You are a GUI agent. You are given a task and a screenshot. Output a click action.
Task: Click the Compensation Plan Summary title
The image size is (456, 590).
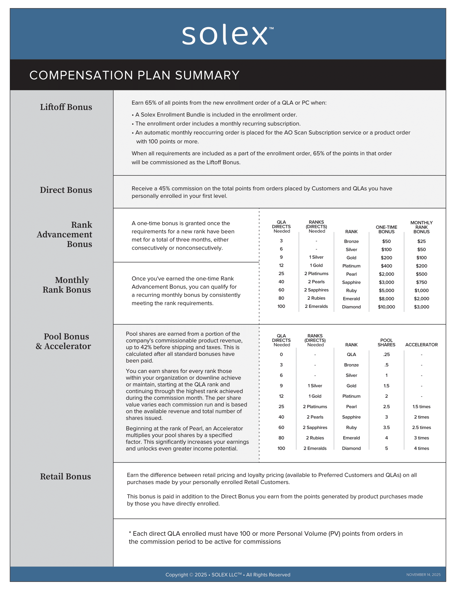pos(134,75)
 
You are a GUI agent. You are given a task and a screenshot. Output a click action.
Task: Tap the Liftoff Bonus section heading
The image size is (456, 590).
pos(66,107)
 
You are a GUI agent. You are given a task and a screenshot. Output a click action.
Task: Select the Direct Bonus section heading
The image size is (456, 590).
pos(66,190)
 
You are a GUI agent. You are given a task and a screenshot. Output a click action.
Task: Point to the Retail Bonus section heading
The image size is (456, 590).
pos(65,476)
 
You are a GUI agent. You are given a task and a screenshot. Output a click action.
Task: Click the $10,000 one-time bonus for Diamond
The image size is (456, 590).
pos(386,307)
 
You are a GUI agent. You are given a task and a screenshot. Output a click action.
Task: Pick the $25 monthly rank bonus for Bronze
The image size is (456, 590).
pos(421,241)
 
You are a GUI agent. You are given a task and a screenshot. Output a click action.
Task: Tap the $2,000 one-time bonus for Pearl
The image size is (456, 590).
pos(386,274)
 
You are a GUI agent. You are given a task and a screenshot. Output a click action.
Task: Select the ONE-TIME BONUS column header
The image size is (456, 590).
pos(386,229)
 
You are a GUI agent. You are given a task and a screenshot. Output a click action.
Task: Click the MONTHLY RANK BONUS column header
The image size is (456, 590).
pos(421,227)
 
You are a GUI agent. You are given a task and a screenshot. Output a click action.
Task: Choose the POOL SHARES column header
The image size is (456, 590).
pos(386,342)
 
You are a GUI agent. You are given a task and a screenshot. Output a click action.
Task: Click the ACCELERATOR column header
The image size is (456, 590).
pos(421,345)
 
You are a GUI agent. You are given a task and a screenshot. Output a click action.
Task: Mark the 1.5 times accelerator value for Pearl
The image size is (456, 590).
pos(421,407)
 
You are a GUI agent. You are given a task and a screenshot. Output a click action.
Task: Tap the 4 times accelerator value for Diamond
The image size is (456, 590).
pos(421,448)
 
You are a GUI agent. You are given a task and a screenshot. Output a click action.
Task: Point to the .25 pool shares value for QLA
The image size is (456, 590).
pos(386,355)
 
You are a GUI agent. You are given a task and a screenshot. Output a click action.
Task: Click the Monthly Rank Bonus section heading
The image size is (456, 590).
pos(67,285)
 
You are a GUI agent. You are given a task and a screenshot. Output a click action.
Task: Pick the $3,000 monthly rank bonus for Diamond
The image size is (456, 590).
pos(421,307)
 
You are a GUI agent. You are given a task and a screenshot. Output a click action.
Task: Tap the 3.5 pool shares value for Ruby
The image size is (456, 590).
pos(386,427)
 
